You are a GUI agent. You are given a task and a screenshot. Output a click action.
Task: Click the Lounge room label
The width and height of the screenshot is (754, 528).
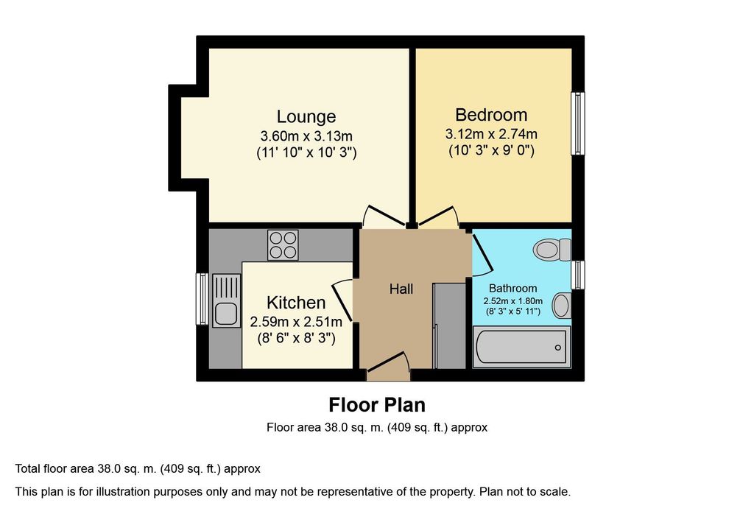(306, 116)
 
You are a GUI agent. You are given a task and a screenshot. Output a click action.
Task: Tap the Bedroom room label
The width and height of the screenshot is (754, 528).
(491, 115)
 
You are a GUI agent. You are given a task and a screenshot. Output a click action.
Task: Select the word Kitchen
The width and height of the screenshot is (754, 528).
(296, 303)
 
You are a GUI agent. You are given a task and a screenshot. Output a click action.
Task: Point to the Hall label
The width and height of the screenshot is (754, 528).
(401, 289)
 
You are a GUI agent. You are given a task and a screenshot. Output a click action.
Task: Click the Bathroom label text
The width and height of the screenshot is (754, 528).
(512, 288)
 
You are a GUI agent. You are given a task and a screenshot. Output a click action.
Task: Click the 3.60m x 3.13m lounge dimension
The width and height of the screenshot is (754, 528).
(306, 135)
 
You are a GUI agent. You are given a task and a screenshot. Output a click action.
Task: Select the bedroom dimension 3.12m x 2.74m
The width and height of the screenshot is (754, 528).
(491, 134)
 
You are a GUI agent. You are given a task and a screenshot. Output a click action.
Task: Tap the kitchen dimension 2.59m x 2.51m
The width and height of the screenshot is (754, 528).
(296, 321)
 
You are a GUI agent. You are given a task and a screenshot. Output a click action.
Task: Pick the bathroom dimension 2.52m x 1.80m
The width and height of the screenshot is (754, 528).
(512, 301)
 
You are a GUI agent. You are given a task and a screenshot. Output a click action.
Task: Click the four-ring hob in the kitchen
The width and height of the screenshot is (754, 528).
(283, 245)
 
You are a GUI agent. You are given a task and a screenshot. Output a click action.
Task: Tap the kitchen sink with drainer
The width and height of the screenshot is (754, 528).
(226, 300)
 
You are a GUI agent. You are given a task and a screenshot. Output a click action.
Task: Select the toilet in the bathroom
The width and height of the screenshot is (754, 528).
(552, 250)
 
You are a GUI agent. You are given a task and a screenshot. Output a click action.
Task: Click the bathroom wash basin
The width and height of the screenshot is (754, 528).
(561, 306)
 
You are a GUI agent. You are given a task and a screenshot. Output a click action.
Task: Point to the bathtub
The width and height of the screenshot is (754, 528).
(522, 347)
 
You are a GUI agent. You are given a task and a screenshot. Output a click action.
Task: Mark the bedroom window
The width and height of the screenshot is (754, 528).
(577, 124)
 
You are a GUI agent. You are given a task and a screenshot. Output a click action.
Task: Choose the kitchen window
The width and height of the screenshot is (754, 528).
(202, 299)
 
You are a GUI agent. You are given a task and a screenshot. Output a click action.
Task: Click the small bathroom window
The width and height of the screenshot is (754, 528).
(578, 275)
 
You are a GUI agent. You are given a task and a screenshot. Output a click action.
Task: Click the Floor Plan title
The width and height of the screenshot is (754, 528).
(377, 405)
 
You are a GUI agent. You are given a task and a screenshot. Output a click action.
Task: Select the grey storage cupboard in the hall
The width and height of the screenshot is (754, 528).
(450, 326)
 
